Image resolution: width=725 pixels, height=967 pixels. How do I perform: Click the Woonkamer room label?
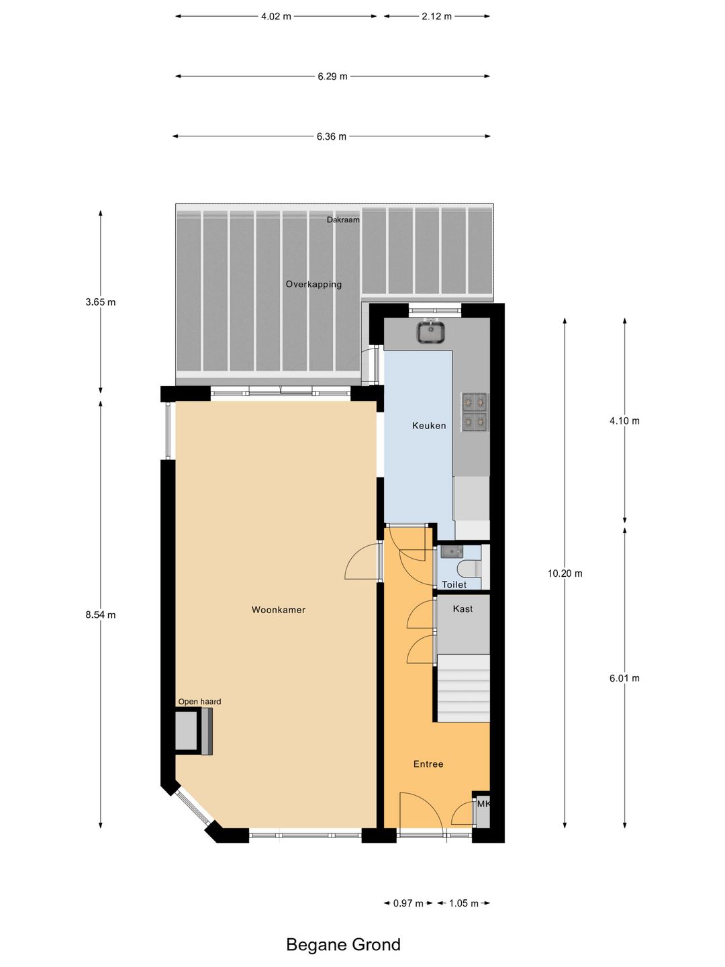pos(279,610)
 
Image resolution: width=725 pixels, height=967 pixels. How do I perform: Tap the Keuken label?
pos(429,425)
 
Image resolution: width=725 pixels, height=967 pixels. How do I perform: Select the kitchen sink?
pos(430,332)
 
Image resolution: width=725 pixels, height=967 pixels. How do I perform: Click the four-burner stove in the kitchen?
pos(474,412)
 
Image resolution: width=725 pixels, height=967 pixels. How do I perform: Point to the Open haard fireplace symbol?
pos(193,731)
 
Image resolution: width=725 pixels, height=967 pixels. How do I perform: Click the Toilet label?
pos(454,584)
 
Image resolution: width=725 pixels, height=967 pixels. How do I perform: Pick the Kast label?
pos(463,608)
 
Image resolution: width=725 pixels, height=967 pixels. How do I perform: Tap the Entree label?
pos(428,764)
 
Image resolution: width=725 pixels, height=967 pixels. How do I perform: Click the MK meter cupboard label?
pos(483,804)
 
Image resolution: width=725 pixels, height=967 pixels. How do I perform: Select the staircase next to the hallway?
pos(463,688)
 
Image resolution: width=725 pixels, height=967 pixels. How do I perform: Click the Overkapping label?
pos(313,284)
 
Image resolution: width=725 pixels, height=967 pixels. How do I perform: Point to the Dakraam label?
pos(343,220)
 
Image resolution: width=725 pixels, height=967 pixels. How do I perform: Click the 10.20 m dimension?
pos(565,573)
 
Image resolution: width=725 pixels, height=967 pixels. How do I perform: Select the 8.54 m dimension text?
pos(101,614)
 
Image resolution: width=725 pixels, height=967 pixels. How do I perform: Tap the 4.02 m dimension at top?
pos(276,16)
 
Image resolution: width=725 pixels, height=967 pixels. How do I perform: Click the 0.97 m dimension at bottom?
pos(408,903)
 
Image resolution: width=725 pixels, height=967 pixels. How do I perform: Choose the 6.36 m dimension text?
pos(332,136)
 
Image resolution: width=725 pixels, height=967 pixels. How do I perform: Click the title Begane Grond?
pos(343,944)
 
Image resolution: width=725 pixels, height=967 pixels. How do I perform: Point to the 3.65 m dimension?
pos(101,302)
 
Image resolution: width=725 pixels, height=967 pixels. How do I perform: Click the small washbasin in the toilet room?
pos(452,551)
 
